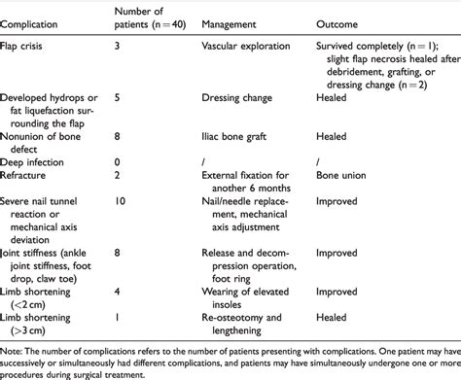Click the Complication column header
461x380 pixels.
click(x=37, y=20)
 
